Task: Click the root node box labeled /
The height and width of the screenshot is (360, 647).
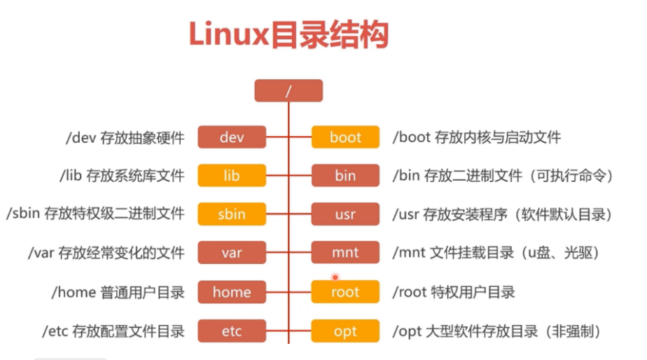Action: [x=288, y=91]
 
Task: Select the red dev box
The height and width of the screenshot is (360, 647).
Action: [x=232, y=137]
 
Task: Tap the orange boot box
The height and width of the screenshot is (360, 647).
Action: [x=345, y=137]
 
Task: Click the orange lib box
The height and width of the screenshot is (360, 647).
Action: [x=232, y=175]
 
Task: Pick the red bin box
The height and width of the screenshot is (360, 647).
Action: [x=345, y=175]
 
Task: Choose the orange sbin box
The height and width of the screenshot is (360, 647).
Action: [x=232, y=214]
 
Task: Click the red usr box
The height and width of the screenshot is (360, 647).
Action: [x=345, y=214]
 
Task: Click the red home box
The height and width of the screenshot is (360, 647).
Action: [x=232, y=292]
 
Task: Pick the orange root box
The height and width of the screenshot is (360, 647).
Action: [x=345, y=292]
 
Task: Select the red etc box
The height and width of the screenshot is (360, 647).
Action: [x=232, y=331]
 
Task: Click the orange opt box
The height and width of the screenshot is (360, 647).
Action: [x=345, y=331]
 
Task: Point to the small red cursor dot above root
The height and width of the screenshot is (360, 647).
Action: [x=335, y=277]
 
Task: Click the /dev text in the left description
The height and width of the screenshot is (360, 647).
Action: [x=78, y=138]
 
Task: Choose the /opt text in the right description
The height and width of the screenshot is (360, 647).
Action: [x=408, y=331]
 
